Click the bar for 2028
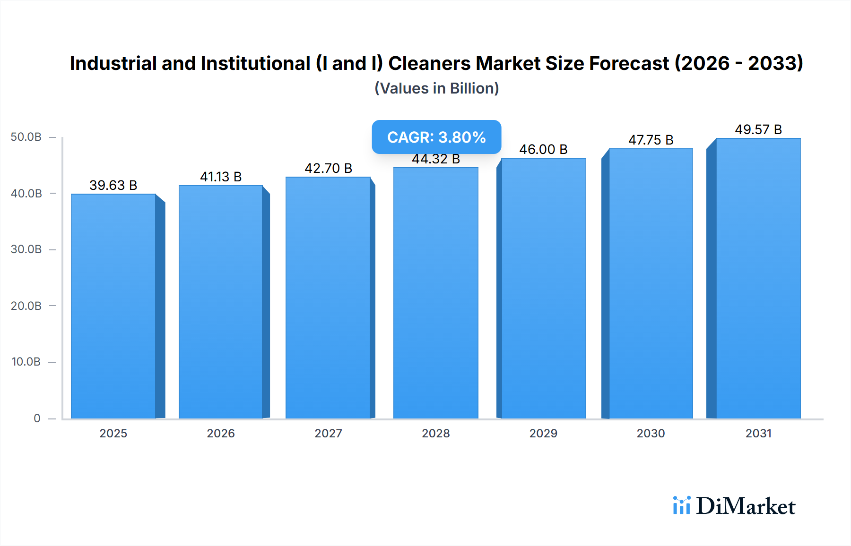(435, 293)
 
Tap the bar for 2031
(758, 279)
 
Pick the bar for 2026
(221, 302)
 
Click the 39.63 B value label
(113, 185)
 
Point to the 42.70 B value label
(328, 168)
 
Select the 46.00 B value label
(543, 149)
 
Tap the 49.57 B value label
(758, 129)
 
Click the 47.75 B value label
(651, 140)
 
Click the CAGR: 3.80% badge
(436, 137)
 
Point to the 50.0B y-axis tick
(26, 137)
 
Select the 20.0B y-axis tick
(26, 306)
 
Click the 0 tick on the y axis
(37, 418)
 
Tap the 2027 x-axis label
(328, 433)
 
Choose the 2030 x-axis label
(651, 433)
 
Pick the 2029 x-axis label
(543, 433)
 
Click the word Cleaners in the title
(429, 63)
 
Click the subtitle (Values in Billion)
(436, 88)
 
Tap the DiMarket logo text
(746, 506)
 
